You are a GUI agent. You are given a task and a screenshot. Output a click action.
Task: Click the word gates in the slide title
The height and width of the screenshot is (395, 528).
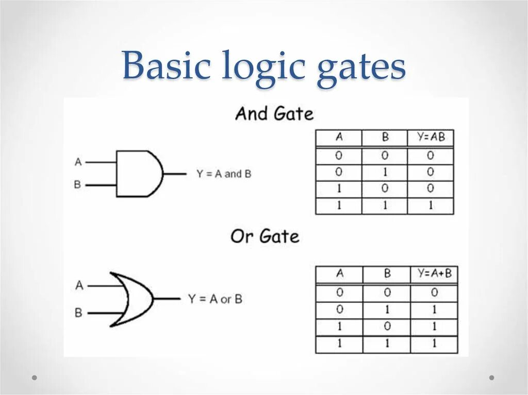pyautogui.click(x=361, y=70)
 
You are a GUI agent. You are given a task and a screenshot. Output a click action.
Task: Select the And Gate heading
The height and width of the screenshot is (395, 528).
pyautogui.click(x=274, y=113)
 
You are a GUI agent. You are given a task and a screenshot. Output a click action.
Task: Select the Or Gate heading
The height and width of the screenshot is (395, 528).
pyautogui.click(x=265, y=236)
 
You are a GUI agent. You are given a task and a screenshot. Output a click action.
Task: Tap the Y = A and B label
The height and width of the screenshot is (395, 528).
pyautogui.click(x=224, y=174)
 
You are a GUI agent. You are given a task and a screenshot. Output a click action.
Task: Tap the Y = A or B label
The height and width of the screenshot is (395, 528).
pyautogui.click(x=215, y=299)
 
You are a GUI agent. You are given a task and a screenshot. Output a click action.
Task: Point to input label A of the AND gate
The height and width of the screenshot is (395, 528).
pyautogui.click(x=78, y=162)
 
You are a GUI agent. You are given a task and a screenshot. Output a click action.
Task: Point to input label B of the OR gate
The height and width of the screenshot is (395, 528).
pyautogui.click(x=78, y=312)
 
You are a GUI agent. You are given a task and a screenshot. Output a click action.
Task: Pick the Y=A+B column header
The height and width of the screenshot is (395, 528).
pyautogui.click(x=434, y=273)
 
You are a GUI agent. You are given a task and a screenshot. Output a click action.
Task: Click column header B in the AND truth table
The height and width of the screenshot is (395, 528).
pyautogui.click(x=385, y=138)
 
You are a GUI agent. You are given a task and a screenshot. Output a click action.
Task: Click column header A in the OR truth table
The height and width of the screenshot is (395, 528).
pyautogui.click(x=339, y=273)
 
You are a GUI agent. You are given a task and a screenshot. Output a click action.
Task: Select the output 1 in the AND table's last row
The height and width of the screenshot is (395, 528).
pyautogui.click(x=430, y=206)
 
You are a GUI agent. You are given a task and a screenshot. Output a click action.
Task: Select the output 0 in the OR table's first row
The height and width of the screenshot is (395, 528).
pyautogui.click(x=434, y=293)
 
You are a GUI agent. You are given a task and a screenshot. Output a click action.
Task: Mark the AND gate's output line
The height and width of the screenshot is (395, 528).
pyautogui.click(x=175, y=174)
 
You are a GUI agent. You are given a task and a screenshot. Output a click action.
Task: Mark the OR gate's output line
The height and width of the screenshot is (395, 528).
pyautogui.click(x=167, y=299)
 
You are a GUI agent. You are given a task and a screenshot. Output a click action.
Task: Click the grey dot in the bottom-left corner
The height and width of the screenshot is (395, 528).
pyautogui.click(x=35, y=377)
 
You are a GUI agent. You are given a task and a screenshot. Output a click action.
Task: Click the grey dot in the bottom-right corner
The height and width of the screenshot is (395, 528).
pyautogui.click(x=491, y=377)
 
